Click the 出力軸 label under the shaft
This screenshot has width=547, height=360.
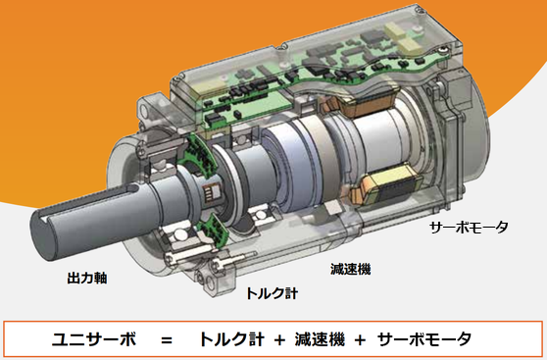click(87, 279)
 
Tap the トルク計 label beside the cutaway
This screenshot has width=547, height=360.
click(273, 293)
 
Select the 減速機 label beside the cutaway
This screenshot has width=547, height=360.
click(350, 269)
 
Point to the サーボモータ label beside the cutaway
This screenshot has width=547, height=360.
click(469, 228)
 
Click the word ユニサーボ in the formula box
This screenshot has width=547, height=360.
click(94, 339)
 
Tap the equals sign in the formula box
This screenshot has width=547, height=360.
click(167, 339)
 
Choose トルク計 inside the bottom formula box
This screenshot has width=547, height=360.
click(231, 339)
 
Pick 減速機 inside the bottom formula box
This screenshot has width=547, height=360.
click(320, 339)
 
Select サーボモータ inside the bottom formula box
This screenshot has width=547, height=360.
click(424, 339)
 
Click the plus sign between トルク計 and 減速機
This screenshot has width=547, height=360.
click(279, 339)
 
